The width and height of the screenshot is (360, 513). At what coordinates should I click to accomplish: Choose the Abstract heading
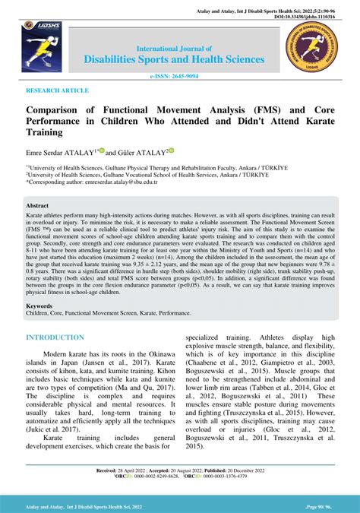pos(37,206)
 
